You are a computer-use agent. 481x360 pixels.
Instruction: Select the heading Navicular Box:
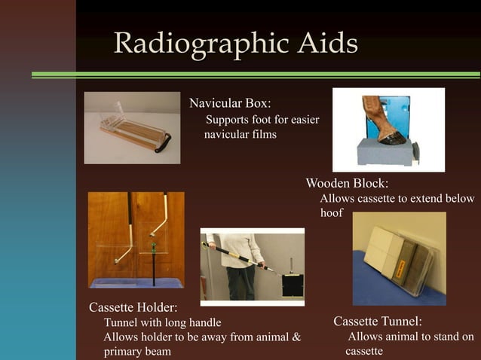click(229, 102)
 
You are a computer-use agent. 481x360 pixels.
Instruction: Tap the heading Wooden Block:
click(347, 183)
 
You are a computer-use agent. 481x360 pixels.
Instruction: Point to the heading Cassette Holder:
click(133, 307)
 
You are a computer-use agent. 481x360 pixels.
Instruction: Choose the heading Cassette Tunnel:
click(378, 322)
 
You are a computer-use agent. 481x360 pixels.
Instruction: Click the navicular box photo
click(132, 127)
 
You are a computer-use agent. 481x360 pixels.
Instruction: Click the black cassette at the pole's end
click(293, 285)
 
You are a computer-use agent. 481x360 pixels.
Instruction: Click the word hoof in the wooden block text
click(331, 213)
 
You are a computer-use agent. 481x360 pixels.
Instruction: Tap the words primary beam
click(136, 351)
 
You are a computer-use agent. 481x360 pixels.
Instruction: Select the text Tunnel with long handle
click(162, 323)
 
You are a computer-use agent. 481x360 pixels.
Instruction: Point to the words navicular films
click(240, 135)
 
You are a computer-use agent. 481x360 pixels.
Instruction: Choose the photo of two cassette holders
click(136, 239)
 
